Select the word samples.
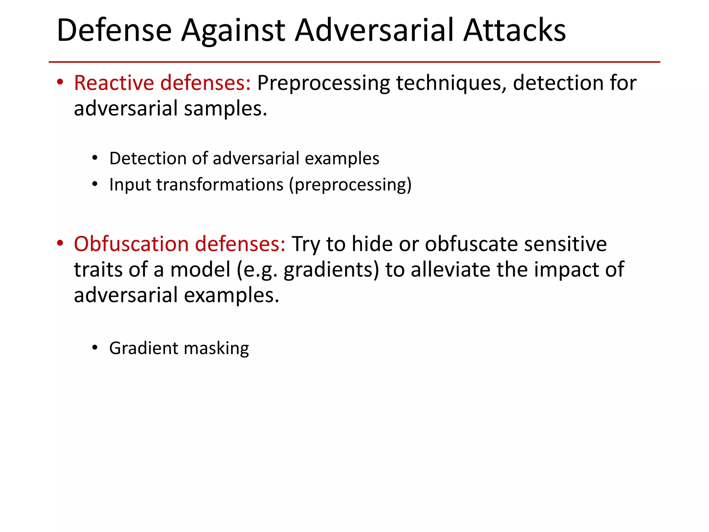pos(225,109)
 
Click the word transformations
pos(220,185)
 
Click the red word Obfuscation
pos(131,244)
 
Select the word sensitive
pos(565,244)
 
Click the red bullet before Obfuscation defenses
pos(60,243)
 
